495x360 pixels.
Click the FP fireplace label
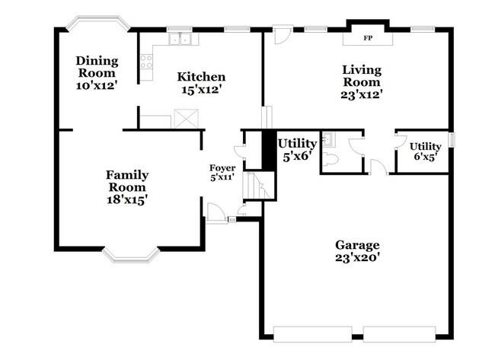point(368,37)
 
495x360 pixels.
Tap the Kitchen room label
point(201,77)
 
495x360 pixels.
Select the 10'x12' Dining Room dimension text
point(97,85)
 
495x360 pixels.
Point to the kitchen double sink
point(180,39)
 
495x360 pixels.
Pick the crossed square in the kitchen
point(185,119)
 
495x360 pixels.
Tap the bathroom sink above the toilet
point(328,139)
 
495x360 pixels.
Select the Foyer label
point(222,167)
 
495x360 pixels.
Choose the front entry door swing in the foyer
point(216,212)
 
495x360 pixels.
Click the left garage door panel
point(314,333)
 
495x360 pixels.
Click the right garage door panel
point(399,333)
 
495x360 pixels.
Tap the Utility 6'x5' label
point(424,151)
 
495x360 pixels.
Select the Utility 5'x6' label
point(296,148)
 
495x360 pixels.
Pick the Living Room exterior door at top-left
point(283,35)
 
